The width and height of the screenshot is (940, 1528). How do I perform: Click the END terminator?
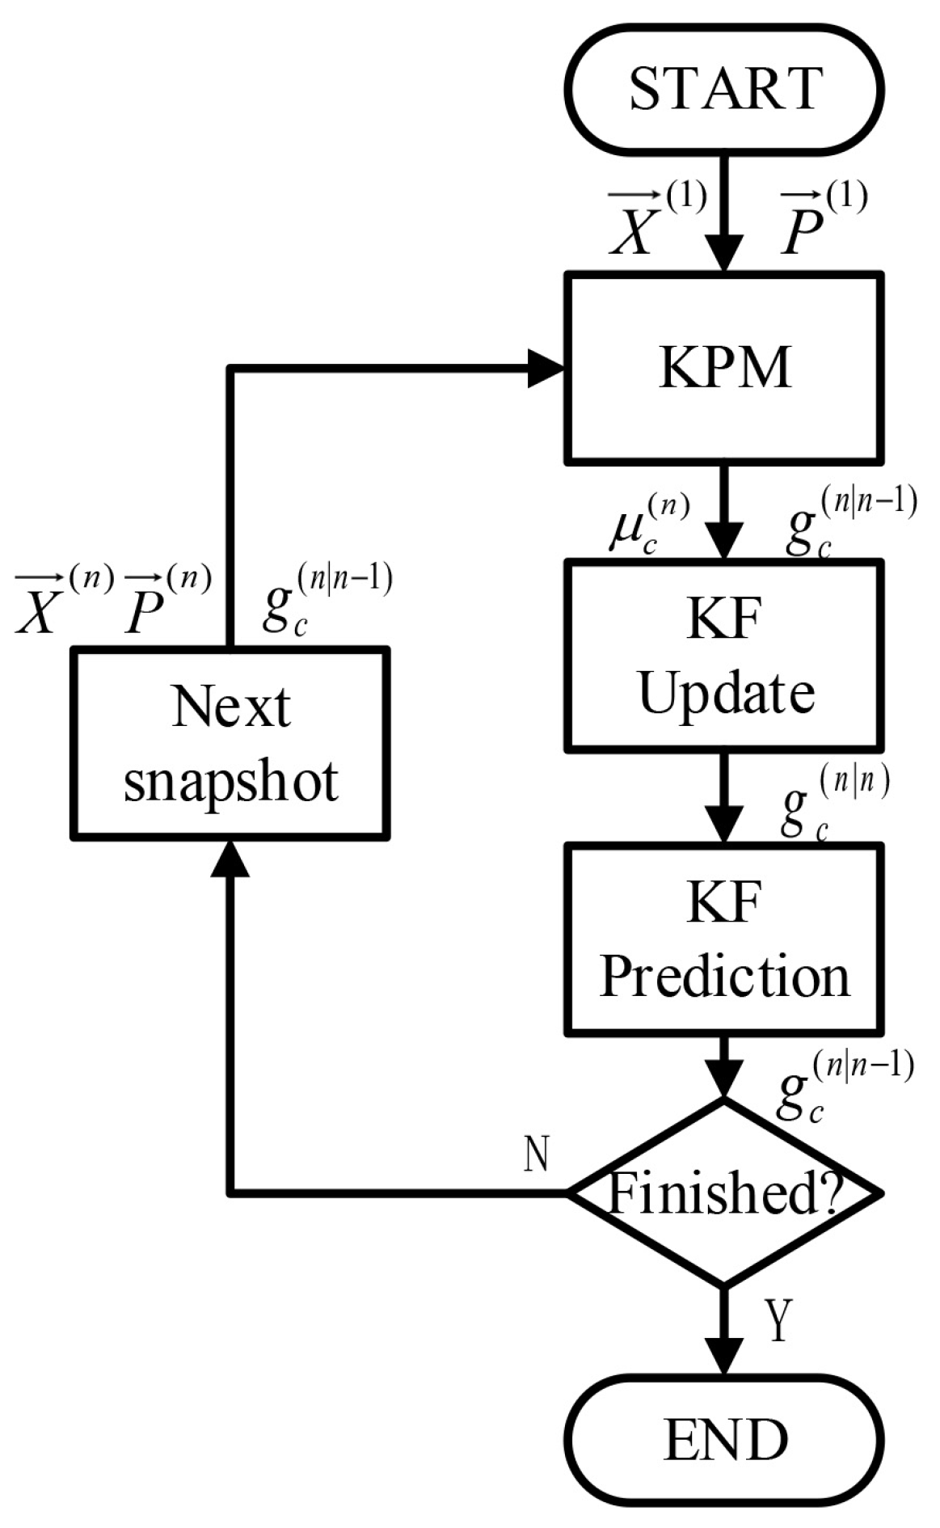[724, 1439]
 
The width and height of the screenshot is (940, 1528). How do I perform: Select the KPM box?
[724, 369]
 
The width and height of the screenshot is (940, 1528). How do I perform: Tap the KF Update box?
[724, 655]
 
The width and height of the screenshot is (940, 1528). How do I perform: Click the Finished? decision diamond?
[724, 1192]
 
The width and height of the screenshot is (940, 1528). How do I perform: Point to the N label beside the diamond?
[536, 1154]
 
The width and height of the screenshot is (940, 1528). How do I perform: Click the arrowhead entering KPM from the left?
[546, 369]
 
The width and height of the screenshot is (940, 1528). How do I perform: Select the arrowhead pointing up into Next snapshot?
[230, 857]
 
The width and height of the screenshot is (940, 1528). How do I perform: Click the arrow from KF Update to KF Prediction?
[724, 796]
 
